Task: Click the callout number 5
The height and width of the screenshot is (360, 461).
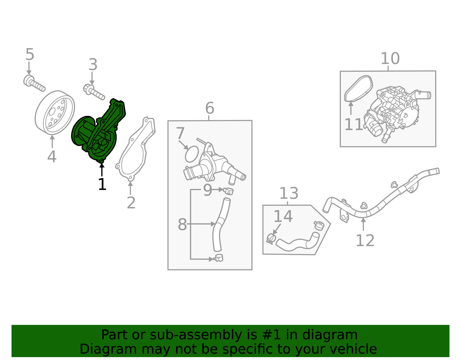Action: pos(30,54)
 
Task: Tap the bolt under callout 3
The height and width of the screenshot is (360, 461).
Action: pos(94,91)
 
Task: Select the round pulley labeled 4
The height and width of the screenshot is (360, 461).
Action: pos(55,112)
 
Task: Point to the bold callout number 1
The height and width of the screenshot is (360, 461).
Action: pos(102,184)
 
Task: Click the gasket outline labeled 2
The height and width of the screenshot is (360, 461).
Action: pos(135,150)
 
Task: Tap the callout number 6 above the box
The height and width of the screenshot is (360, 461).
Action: pos(209,108)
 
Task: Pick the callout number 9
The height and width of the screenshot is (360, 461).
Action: pos(207,190)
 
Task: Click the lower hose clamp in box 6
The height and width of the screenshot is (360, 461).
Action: pos(219,258)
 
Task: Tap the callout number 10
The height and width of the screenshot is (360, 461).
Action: pos(390,59)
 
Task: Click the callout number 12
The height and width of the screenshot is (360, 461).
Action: pos(365,241)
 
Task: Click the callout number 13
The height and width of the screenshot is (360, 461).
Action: pos(289,193)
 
